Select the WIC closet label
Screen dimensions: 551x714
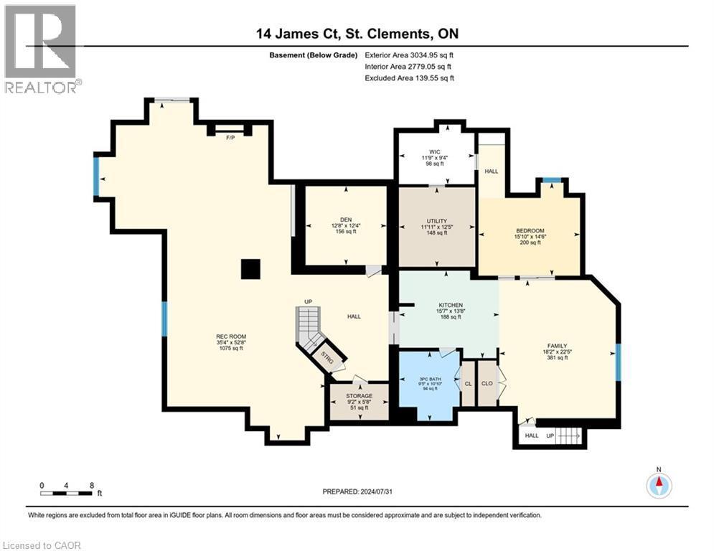434,152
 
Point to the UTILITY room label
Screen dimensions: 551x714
436,220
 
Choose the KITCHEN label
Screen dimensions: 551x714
450,305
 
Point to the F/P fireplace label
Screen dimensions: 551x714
230,136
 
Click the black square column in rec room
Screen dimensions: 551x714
250,269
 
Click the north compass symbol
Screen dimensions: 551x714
658,484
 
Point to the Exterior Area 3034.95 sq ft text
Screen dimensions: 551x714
409,55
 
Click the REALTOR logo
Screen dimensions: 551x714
40,47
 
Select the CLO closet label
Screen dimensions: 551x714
487,383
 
